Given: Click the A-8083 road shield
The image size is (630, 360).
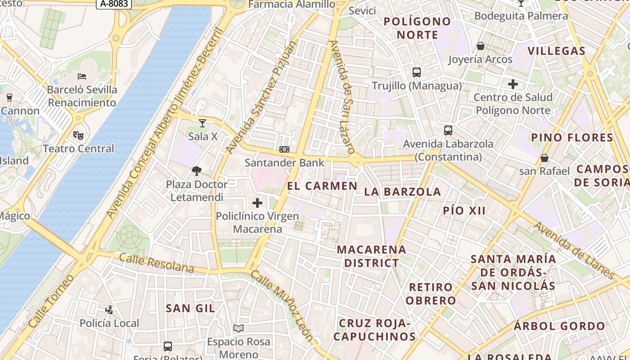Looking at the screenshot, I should click(114, 4).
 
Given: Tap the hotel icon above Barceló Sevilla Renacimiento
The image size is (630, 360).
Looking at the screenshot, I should click(82, 76).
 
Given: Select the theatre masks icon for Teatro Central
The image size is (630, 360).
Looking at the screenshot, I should click(78, 135).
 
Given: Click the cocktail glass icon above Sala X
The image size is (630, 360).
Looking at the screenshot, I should click(202, 123).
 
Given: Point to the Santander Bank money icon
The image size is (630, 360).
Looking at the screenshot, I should click(284, 149).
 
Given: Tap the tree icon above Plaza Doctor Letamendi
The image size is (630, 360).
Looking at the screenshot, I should click(196, 171).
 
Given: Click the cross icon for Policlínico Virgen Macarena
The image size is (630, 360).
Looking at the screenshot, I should click(257, 203).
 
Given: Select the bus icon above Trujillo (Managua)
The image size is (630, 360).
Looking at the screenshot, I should click(417, 72).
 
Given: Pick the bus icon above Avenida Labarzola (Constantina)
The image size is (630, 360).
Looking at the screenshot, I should click(448, 130).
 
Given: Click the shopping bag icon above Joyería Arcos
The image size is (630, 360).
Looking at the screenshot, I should click(481, 46).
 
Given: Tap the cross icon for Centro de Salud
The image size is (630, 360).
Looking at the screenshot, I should click(513, 84).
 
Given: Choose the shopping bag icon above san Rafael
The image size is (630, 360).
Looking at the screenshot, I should click(544, 158).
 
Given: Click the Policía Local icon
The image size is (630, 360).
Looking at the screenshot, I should click(109, 310).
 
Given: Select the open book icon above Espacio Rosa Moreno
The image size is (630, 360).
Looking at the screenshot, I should click(238, 328).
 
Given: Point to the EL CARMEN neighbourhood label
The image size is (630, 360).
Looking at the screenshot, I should click(322, 186).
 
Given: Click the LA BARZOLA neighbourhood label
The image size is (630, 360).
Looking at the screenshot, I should click(402, 192).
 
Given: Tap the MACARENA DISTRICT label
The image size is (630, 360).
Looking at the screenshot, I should click(371, 256).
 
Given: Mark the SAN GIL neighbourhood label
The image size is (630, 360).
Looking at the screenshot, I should click(190, 308).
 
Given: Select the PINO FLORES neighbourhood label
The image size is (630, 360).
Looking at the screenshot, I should click(572, 138).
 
